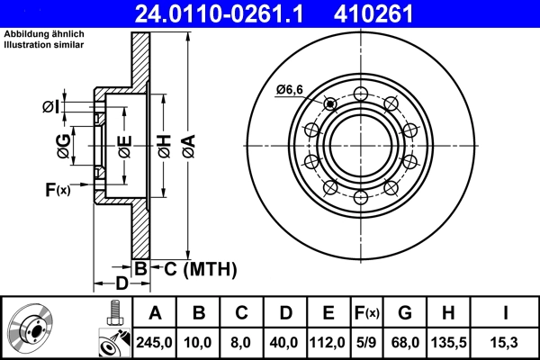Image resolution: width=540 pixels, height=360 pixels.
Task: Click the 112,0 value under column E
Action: pos(328,342)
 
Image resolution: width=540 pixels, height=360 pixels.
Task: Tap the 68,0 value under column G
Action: pos(406,342)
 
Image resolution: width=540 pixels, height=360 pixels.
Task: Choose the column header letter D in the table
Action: pos(285,313)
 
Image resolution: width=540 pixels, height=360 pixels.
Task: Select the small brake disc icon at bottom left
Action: pos(32,328)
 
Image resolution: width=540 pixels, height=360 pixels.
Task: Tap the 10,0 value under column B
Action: pos(199,342)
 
